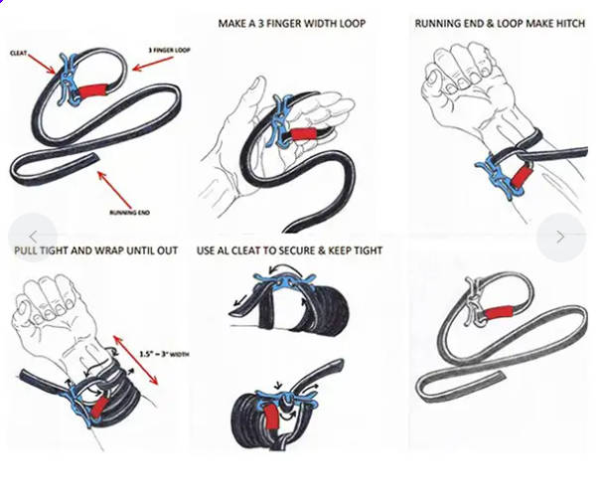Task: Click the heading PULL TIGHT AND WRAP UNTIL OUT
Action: (x=96, y=250)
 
